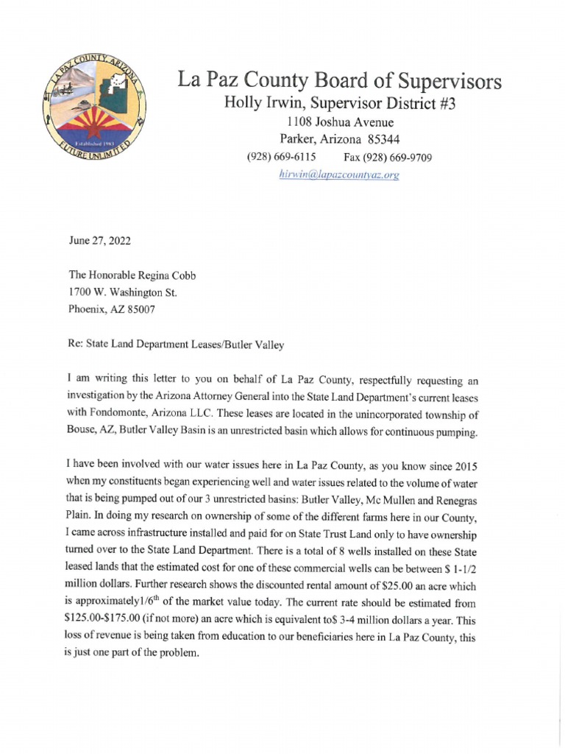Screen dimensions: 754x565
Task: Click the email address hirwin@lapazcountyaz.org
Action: tap(339, 175)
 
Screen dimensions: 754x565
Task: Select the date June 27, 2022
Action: tap(99, 241)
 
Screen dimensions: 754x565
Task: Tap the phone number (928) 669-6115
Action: tap(280, 157)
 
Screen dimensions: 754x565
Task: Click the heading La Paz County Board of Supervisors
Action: tap(339, 80)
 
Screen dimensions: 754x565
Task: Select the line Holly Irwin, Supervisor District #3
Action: tap(339, 104)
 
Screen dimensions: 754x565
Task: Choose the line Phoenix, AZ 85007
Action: tap(112, 309)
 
